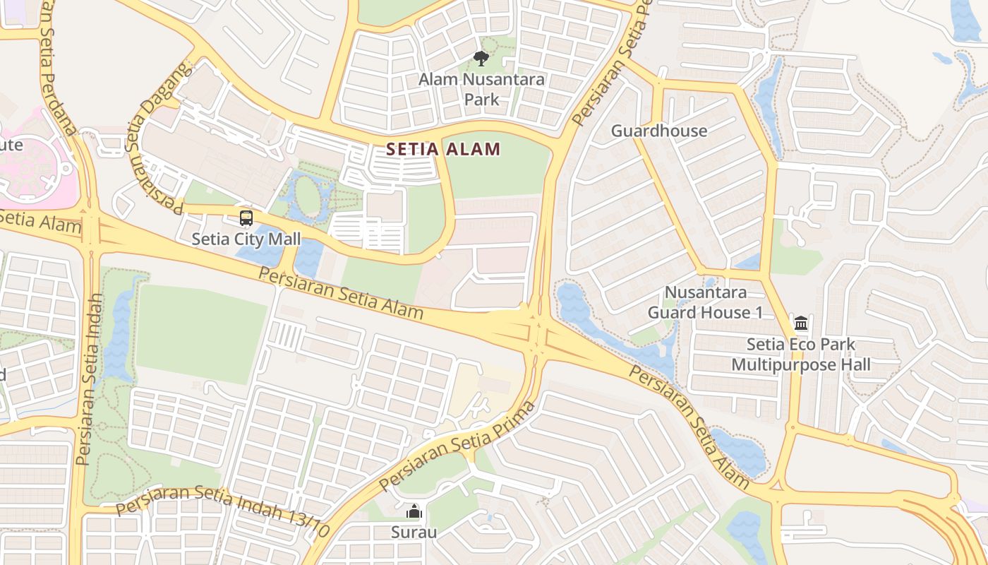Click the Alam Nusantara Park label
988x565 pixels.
pos(482,89)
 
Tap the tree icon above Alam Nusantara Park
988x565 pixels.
pos(481,58)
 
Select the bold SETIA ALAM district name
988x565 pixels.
pos(444,149)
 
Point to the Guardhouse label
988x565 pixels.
pos(659,131)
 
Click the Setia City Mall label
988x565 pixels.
pos(246,239)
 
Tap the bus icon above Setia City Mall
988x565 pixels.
pos(246,218)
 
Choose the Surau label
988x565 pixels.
pos(414,532)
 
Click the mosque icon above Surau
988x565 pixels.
pos(414,511)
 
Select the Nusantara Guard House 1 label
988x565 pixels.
pos(705,302)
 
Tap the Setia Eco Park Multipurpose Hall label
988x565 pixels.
pos(801,355)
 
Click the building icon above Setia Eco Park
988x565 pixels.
pos(801,323)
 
